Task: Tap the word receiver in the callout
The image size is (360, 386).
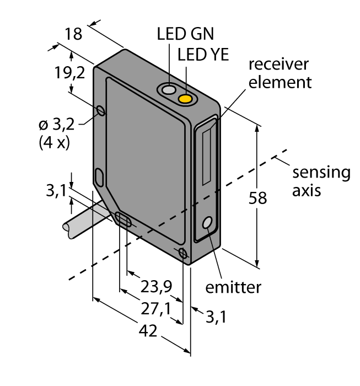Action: [278, 64]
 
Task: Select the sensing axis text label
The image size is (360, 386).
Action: [320, 181]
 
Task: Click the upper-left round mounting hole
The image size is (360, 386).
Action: [101, 111]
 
